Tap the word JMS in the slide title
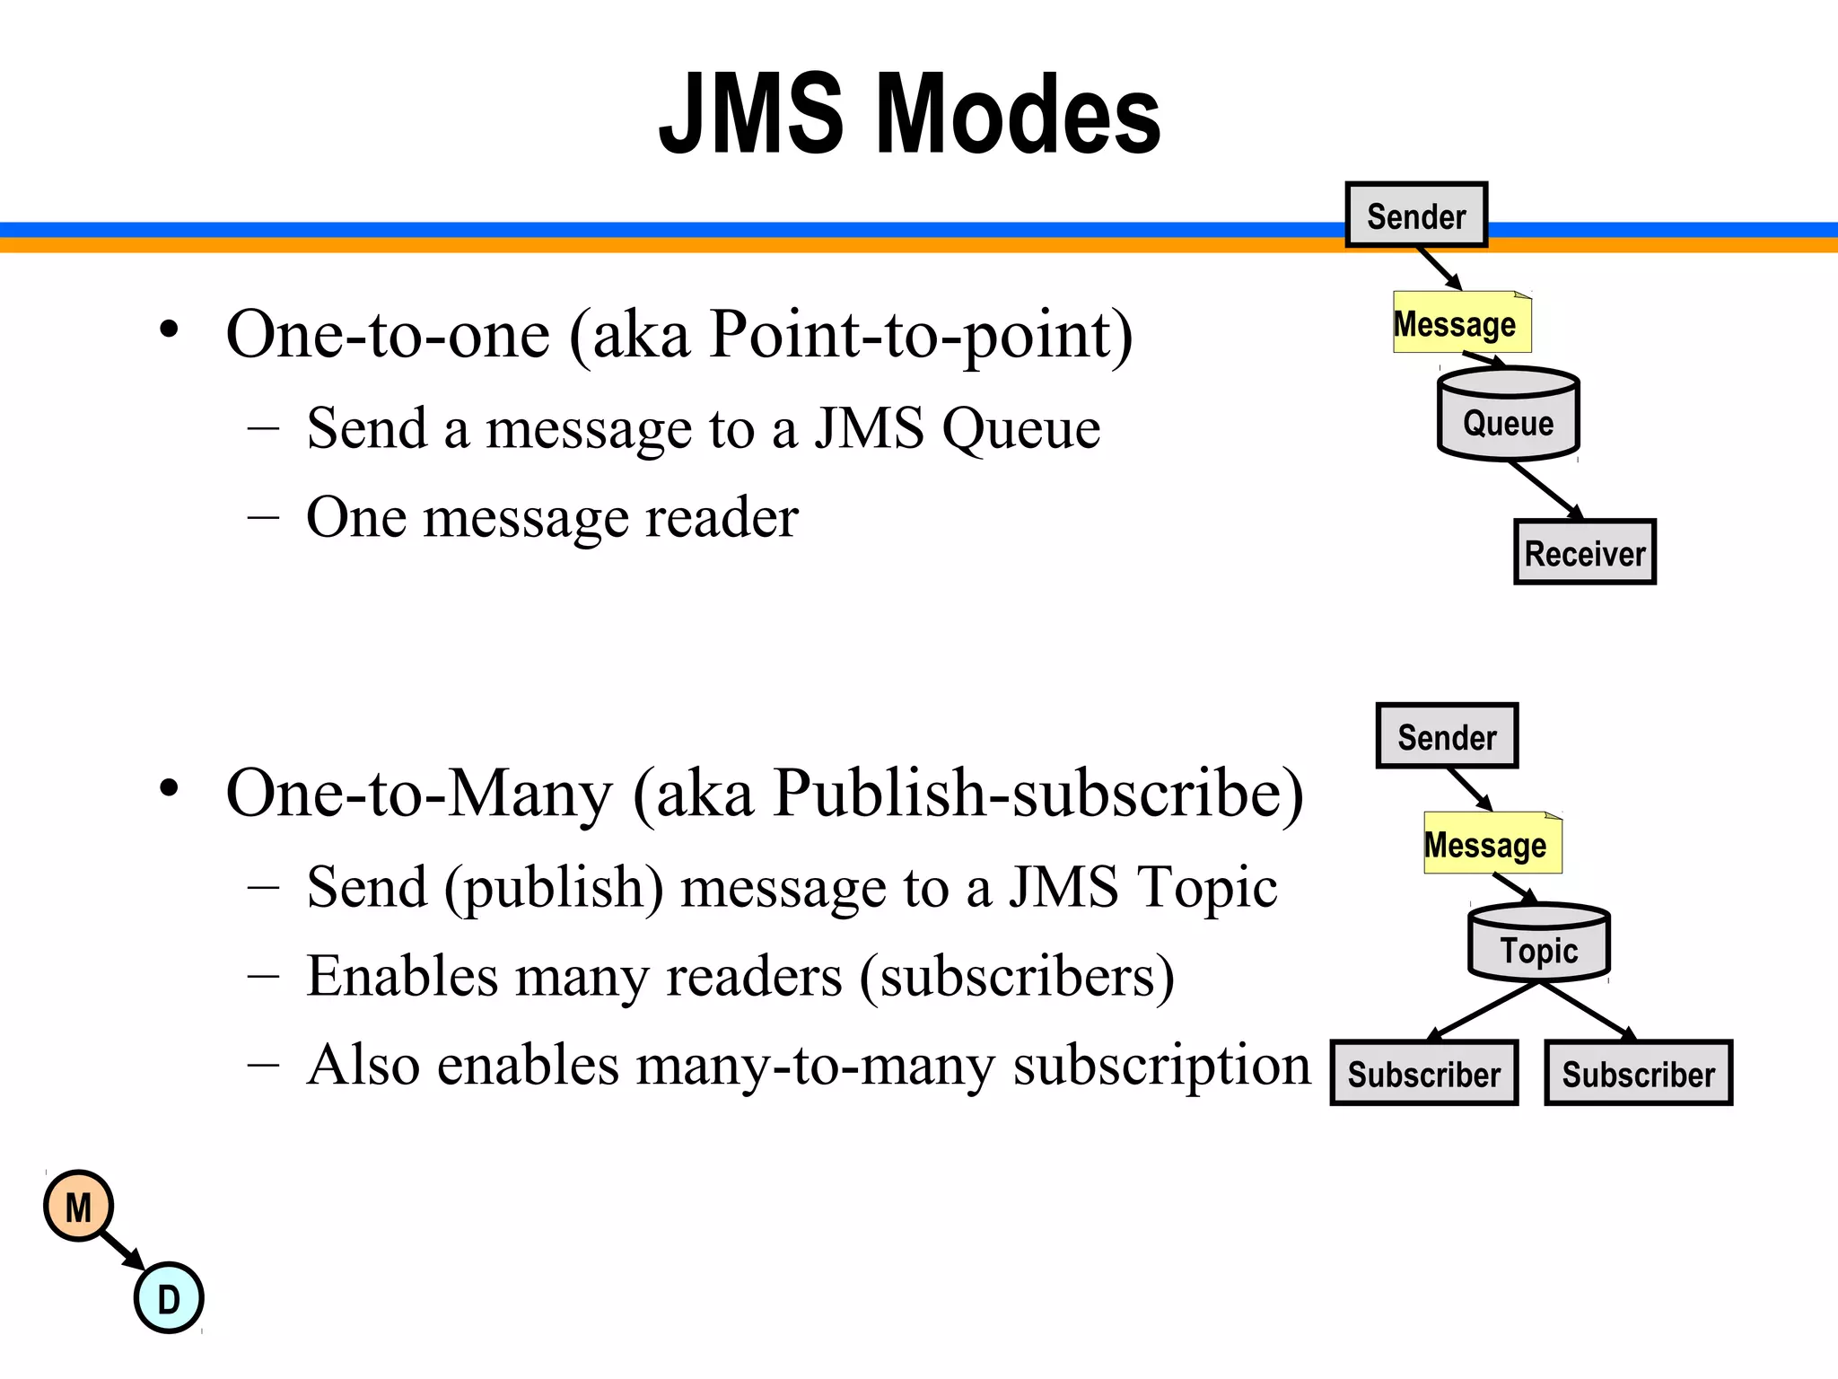[x=752, y=115]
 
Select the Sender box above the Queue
[x=1416, y=215]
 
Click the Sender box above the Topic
[x=1447, y=736]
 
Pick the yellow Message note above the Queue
[x=1461, y=323]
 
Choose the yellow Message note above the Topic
[x=1492, y=844]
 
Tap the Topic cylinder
[x=1539, y=944]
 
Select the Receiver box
[x=1585, y=553]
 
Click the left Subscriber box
[x=1423, y=1074]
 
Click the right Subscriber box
[x=1638, y=1074]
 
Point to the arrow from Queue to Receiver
[x=1545, y=490]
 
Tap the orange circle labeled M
[x=79, y=1207]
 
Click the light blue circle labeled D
[x=169, y=1298]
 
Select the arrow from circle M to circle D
[x=122, y=1251]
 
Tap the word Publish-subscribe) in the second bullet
[x=1038, y=794]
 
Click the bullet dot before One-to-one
[x=169, y=330]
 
